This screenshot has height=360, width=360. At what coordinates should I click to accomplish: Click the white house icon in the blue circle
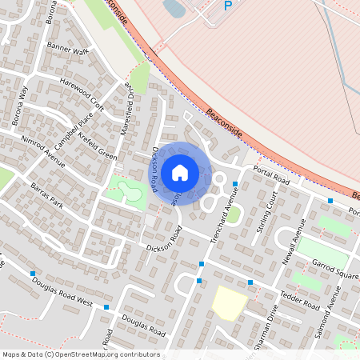[180, 172]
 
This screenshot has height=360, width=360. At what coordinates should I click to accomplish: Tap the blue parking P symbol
[227, 6]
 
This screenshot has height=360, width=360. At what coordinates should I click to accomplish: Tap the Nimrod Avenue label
[43, 150]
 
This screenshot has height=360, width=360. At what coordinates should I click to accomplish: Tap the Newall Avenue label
[294, 238]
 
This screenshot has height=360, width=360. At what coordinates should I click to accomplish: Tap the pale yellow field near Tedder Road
[230, 303]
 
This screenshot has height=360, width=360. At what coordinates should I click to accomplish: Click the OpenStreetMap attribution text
[80, 354]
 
